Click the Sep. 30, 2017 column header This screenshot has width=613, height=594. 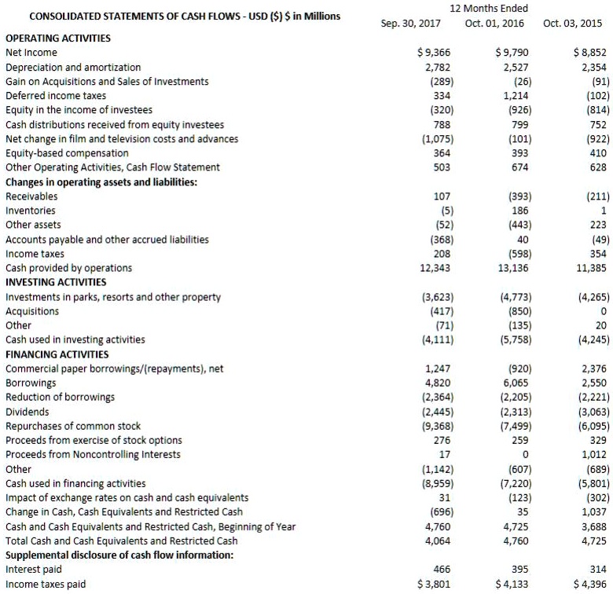coord(410,23)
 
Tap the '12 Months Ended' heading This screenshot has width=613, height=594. coord(489,8)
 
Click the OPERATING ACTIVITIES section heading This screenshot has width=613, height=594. coord(58,38)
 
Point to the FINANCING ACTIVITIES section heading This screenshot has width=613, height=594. coord(57,354)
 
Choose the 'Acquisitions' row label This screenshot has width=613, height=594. coord(32,311)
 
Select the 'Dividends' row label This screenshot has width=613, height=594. coord(28,412)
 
